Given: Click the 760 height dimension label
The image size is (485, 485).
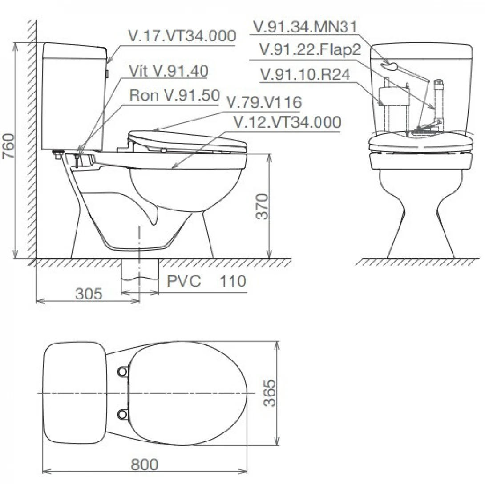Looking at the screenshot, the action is pos(8,146).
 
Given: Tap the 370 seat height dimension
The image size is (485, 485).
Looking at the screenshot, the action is pos(262,206).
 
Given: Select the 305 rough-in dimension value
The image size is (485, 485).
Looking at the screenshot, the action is pos(89,294).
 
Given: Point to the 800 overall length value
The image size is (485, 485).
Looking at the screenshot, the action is pos(145,464).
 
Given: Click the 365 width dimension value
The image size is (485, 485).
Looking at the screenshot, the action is pos(269,393).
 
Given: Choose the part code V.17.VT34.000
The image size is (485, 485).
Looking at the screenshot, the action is pos(182,36).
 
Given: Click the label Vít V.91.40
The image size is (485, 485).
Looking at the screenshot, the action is pos(169,71).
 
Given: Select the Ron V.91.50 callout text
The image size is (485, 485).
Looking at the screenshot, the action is pos(175,95).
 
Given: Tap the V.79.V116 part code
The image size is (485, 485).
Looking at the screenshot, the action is pos(264,102).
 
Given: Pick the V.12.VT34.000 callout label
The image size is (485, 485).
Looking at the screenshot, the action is pos(287,122).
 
